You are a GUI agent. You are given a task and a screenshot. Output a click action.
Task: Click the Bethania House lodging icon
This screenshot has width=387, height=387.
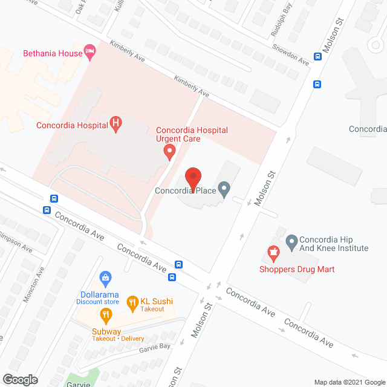(91, 53)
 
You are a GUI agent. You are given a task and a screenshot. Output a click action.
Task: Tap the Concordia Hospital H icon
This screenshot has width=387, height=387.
(115, 125)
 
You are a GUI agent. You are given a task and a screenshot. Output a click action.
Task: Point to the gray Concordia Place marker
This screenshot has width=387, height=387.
(224, 190)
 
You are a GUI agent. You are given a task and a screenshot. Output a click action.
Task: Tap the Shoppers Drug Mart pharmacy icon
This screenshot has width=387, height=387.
(273, 253)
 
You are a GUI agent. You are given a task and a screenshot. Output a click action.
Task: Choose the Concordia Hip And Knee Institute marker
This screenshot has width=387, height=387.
(291, 242)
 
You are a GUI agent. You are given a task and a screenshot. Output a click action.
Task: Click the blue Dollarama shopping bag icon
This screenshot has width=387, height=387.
(106, 278)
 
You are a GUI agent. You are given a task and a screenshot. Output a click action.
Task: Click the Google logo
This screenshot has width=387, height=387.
(19, 379)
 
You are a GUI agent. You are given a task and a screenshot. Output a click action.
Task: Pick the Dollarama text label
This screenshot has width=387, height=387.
(99, 295)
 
